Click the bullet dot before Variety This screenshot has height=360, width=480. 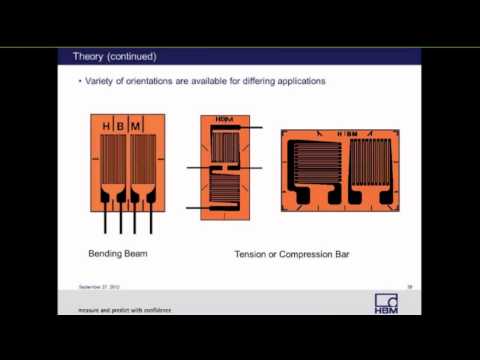tap(80, 81)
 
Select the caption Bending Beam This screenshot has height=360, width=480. tap(118, 254)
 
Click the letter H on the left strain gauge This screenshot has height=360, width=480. tap(107, 126)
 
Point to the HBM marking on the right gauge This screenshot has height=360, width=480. tap(346, 134)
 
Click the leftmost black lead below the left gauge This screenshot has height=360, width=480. tap(105, 219)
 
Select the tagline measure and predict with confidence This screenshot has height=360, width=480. tap(125, 310)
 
